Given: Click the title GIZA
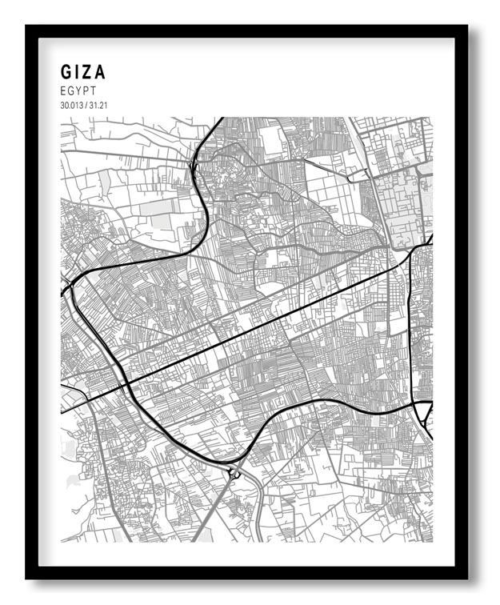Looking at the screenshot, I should (83, 72).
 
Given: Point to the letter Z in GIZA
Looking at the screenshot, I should (88, 72).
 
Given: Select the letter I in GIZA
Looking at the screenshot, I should (78, 72).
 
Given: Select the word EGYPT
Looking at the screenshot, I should (78, 91).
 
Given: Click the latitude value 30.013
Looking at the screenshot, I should (70, 106).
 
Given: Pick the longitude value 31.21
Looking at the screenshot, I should (97, 106).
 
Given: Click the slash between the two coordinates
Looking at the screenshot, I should (85, 106).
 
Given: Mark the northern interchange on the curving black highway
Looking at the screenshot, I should (194, 166).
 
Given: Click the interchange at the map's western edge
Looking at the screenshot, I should (70, 283).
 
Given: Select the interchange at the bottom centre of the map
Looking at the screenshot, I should (233, 473).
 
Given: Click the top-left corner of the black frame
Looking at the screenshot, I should (27, 26).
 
